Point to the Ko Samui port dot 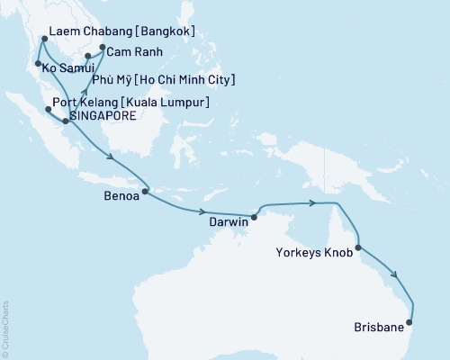[x=37, y=64]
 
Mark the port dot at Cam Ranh [x=102, y=48]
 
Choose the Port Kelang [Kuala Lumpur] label [x=134, y=103]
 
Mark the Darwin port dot [x=254, y=217]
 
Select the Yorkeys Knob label [x=315, y=254]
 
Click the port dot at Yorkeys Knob [x=358, y=247]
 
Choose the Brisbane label [x=380, y=328]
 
